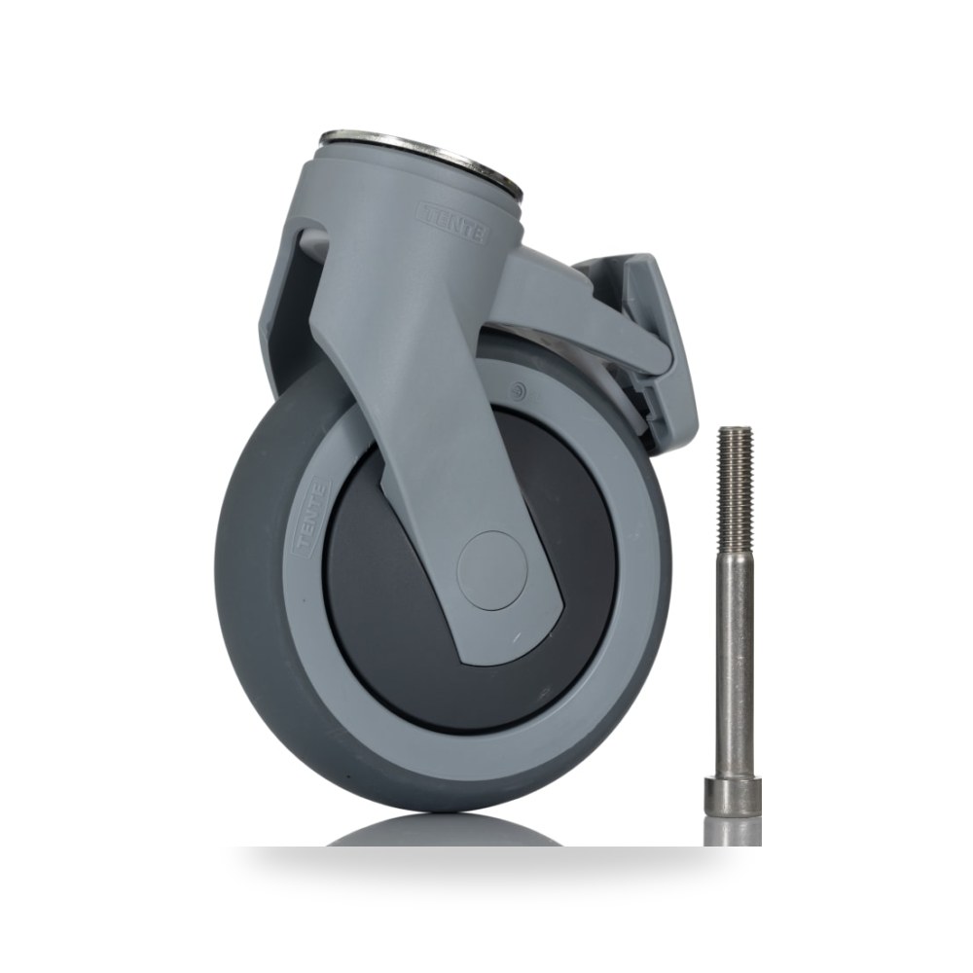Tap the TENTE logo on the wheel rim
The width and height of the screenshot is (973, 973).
tap(311, 519)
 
